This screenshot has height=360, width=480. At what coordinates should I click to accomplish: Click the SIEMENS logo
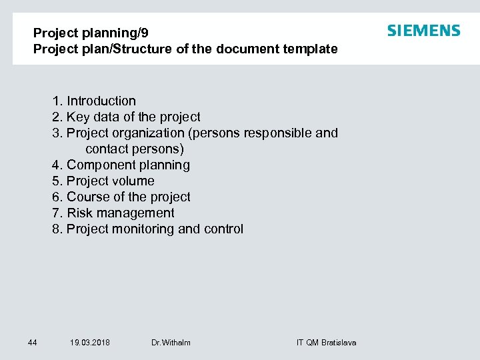pos(423,31)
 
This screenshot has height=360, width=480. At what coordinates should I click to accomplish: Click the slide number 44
pos(32,343)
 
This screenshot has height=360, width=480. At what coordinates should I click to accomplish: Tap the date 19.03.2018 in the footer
pos(90,343)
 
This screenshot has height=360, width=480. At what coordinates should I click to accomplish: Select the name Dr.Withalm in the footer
pos(171,343)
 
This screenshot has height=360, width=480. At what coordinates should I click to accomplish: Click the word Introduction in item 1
pos(101,101)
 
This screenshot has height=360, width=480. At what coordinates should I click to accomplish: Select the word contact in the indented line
pos(108,149)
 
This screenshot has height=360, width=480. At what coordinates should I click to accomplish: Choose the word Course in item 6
pos(87,197)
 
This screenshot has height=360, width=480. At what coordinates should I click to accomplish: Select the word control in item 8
pos(223,229)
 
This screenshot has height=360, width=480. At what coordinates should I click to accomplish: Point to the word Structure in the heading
pos(124,49)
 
